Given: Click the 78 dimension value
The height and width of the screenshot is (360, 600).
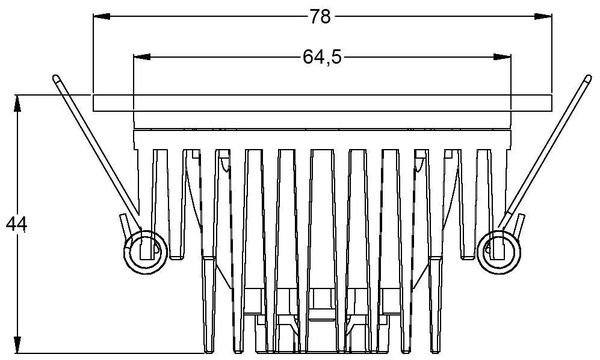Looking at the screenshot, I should [321, 17].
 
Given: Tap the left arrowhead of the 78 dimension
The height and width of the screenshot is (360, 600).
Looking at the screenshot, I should [98, 17].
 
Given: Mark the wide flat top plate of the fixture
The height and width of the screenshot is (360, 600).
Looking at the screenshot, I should [321, 102].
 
